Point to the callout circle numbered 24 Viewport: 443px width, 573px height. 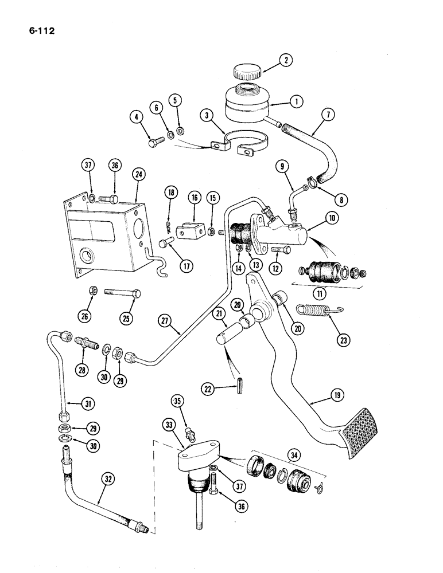138,174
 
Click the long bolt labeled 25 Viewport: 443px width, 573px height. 123,293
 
